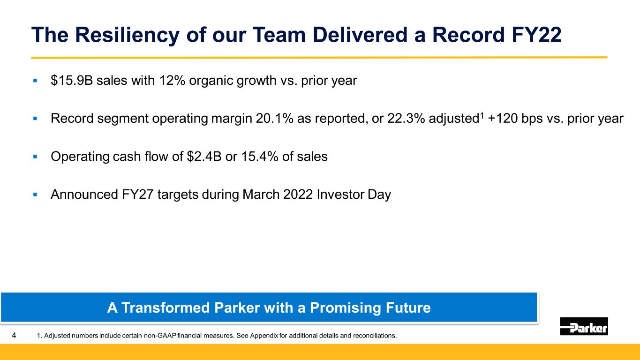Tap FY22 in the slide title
click(x=536, y=35)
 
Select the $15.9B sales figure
click(x=72, y=80)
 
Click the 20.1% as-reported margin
click(x=275, y=118)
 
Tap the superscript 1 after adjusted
click(x=482, y=115)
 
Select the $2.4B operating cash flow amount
click(x=204, y=157)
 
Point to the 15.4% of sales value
click(x=259, y=157)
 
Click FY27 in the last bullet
click(x=138, y=195)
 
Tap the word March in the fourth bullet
click(x=261, y=195)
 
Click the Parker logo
click(x=584, y=326)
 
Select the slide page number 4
click(x=14, y=335)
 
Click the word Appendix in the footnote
click(x=264, y=336)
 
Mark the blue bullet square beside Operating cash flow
click(x=35, y=157)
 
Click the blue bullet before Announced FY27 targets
click(x=35, y=195)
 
